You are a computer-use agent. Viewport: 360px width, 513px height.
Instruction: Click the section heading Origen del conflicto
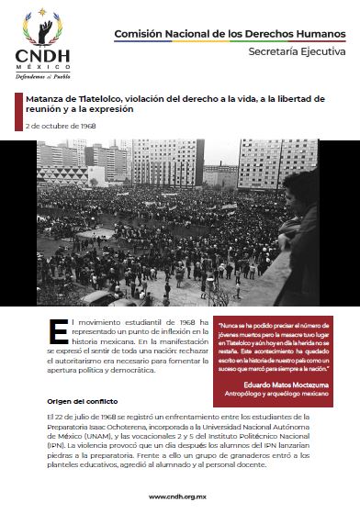coord(78,401)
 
